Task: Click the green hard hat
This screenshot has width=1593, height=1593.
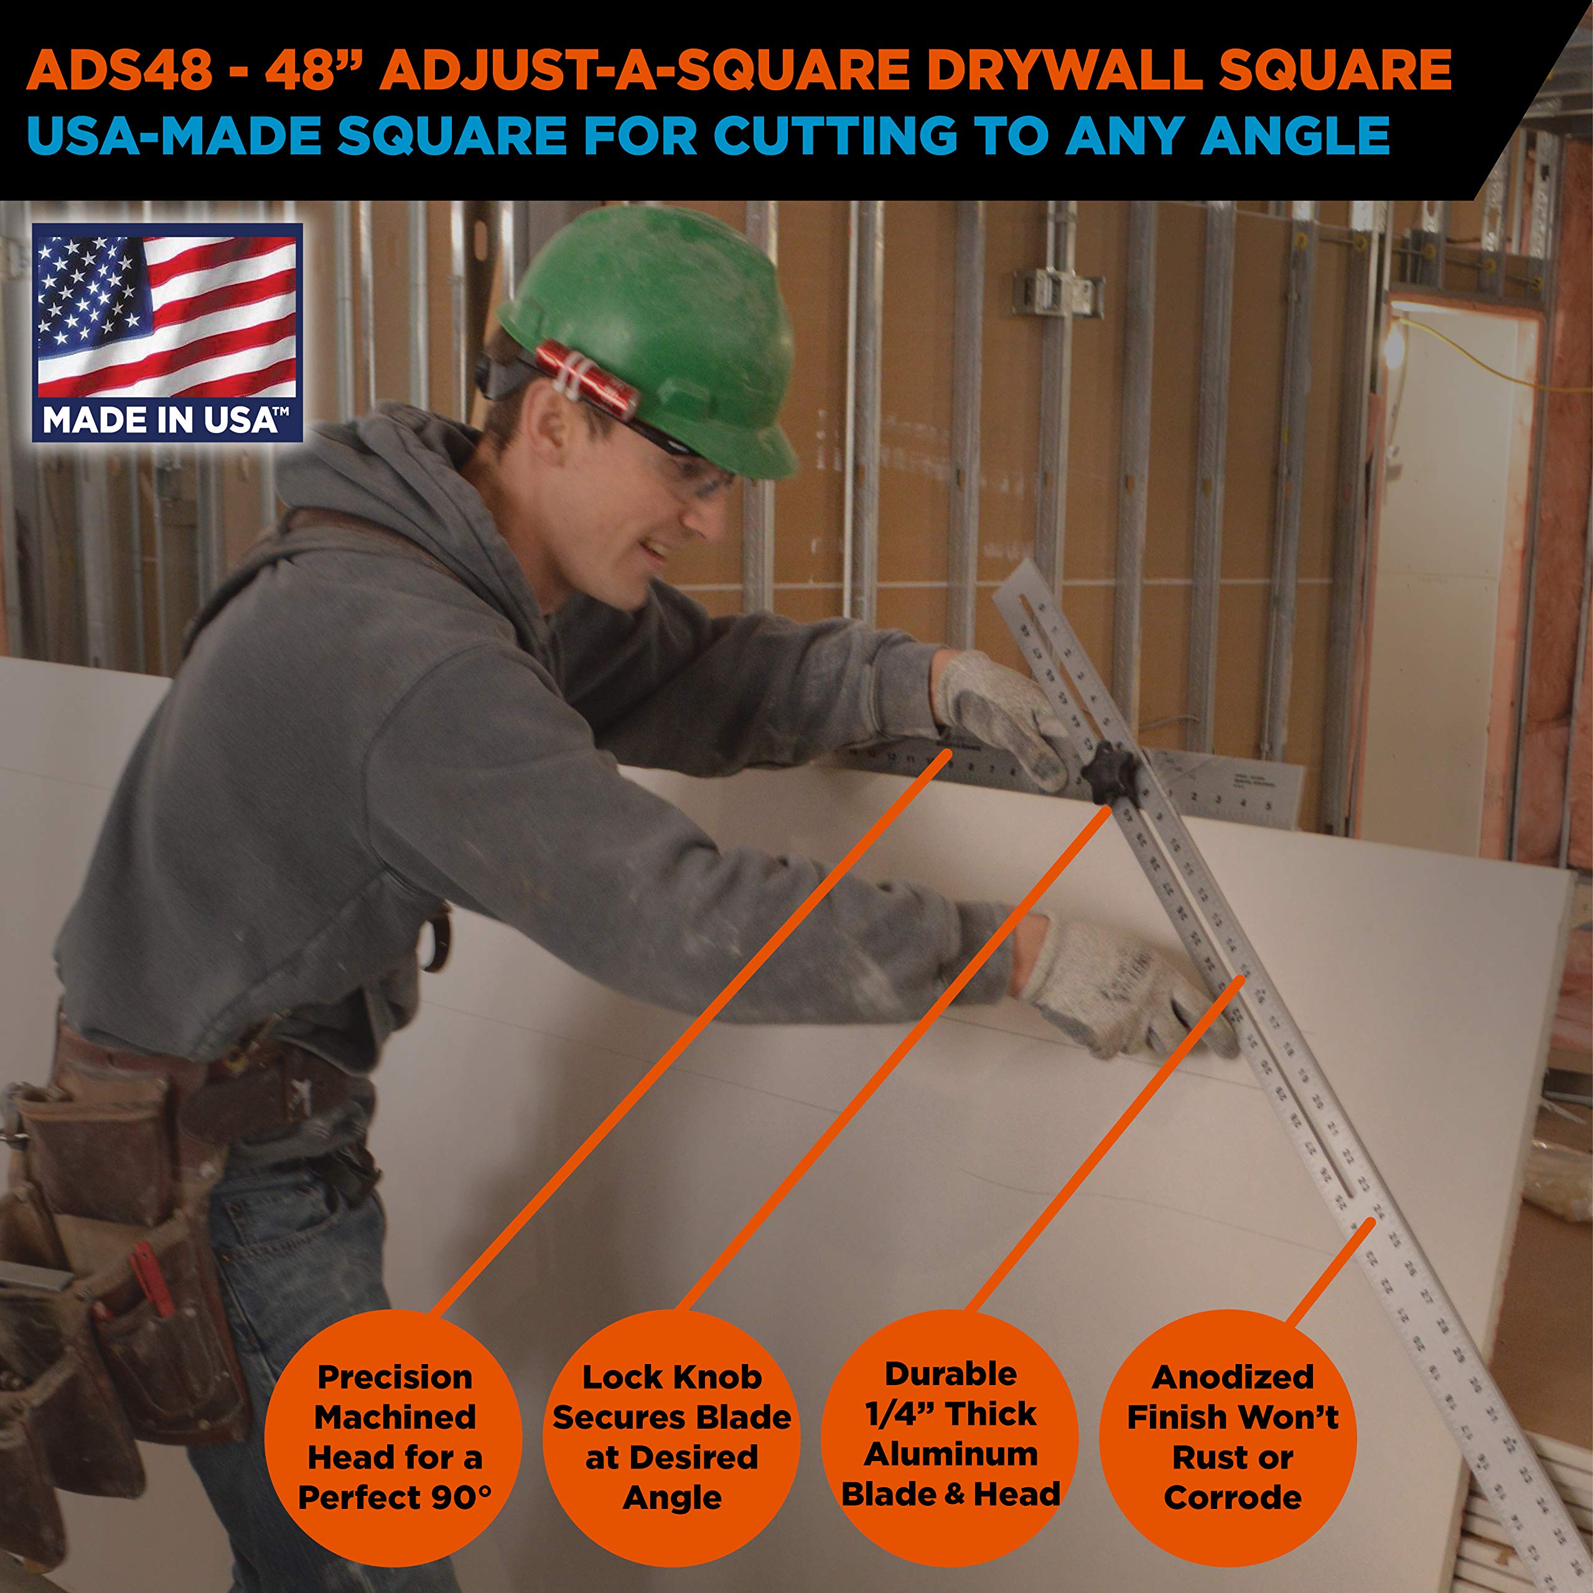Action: [660, 330]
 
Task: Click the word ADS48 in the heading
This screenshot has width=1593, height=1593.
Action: [119, 70]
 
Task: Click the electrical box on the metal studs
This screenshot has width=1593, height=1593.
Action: [1058, 292]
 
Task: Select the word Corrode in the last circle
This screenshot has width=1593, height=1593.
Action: [1232, 1497]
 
